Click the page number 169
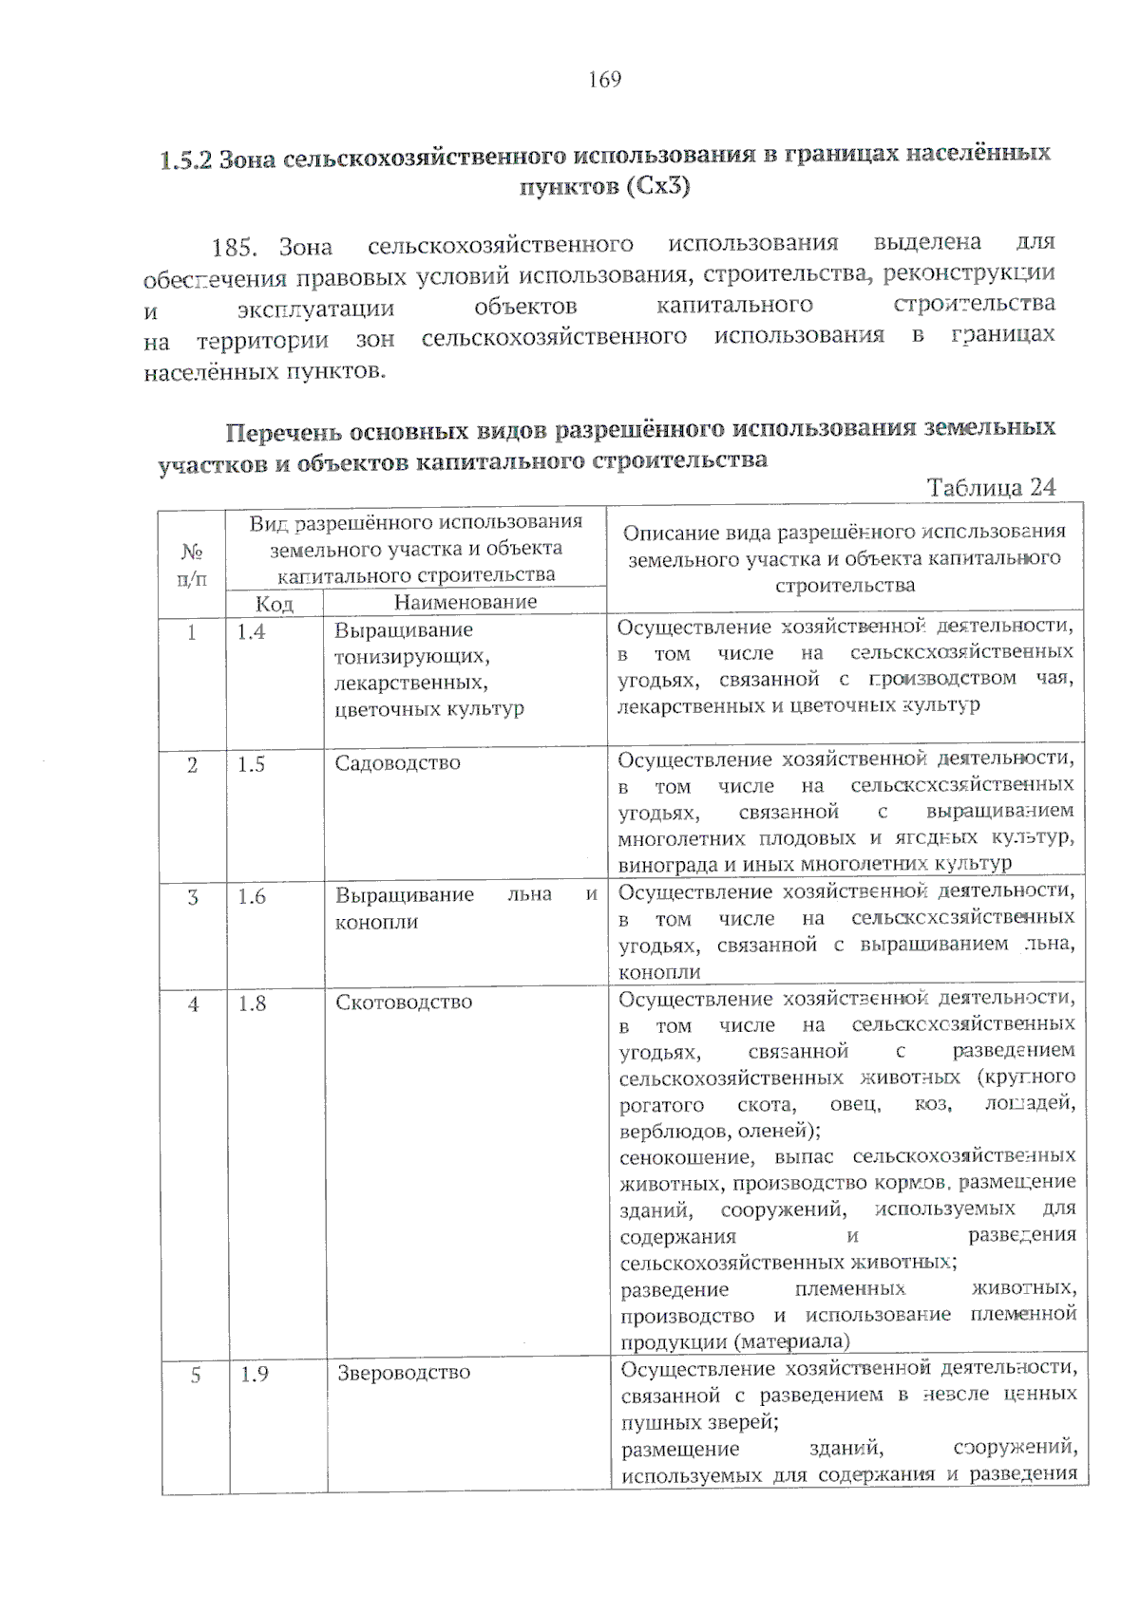tap(604, 80)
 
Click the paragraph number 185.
tap(234, 249)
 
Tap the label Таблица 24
tap(991, 488)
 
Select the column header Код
tap(274, 604)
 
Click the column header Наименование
tap(465, 602)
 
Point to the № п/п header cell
tap(193, 564)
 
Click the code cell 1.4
tap(252, 631)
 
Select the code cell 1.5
tap(252, 764)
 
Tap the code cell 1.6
tap(252, 896)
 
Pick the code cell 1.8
tap(252, 1003)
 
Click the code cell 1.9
tap(254, 1373)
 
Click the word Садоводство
tap(397, 763)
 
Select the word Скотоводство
tap(404, 1003)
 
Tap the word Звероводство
tap(404, 1373)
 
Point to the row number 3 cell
tap(193, 896)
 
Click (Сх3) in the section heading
tap(657, 187)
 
